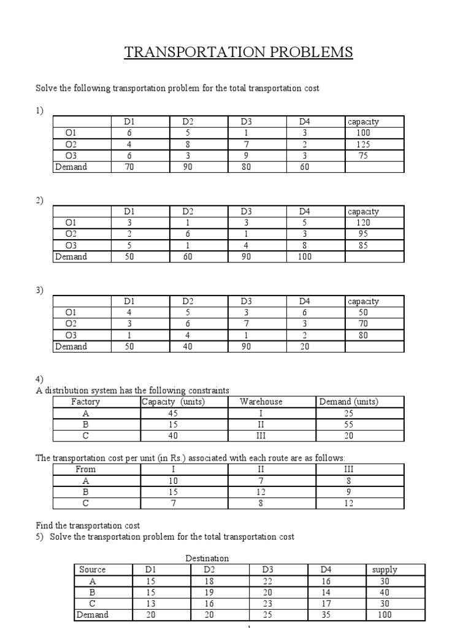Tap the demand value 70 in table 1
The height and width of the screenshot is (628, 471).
pos(129,166)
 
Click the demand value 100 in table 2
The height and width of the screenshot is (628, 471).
pos(305,256)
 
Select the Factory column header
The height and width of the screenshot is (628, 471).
pos(85,402)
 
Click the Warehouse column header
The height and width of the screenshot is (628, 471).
pos(261,402)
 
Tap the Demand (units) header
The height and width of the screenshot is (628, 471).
pos(349,402)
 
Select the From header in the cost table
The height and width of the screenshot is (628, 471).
pos(85,469)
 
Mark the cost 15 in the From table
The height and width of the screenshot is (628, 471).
pos(173,492)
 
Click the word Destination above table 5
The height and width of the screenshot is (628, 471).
pos(207,558)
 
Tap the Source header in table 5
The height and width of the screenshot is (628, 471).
pos(93,569)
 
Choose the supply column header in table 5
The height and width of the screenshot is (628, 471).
pos(385,569)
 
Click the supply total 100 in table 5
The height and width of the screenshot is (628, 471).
pos(385,615)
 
